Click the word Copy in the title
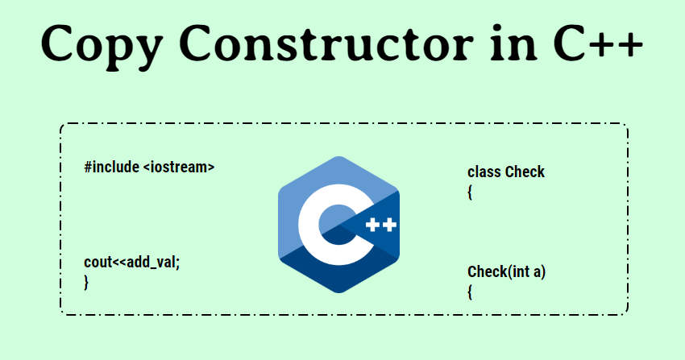pyautogui.click(x=102, y=46)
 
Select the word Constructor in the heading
pyautogui.click(x=326, y=43)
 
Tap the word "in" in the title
pyautogui.click(x=513, y=43)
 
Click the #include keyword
pyautogui.click(x=112, y=167)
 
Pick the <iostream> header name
pyautogui.click(x=179, y=168)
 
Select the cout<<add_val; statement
pyautogui.click(x=132, y=263)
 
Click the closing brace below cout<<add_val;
pyautogui.click(x=86, y=283)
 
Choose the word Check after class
pyautogui.click(x=525, y=172)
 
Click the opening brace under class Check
pyautogui.click(x=470, y=192)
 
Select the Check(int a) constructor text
pyautogui.click(x=507, y=272)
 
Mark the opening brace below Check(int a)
pyautogui.click(x=470, y=292)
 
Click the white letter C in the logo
pyautogui.click(x=309, y=225)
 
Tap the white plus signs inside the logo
pyautogui.click(x=381, y=225)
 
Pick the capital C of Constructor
pyautogui.click(x=196, y=43)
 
